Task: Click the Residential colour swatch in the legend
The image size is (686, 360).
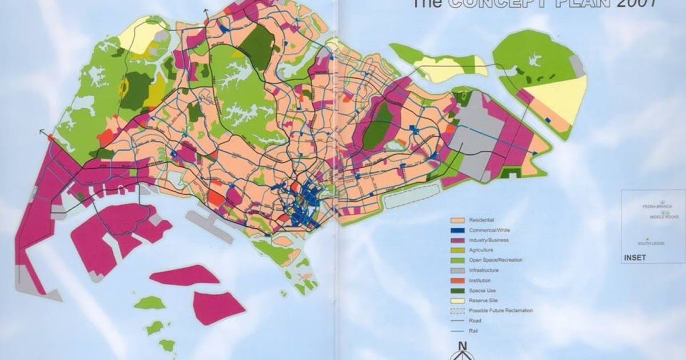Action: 457,220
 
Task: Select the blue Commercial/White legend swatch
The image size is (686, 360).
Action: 457,230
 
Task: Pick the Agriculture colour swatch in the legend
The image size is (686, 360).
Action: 457,250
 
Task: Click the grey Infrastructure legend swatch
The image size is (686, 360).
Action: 457,270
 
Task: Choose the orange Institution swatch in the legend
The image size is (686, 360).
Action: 457,281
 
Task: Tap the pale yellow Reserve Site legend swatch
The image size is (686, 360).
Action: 457,301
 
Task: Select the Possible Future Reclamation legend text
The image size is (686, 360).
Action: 501,310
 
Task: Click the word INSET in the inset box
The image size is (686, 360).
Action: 635,258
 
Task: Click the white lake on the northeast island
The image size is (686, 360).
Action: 536,59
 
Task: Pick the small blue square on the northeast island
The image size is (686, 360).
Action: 548,120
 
